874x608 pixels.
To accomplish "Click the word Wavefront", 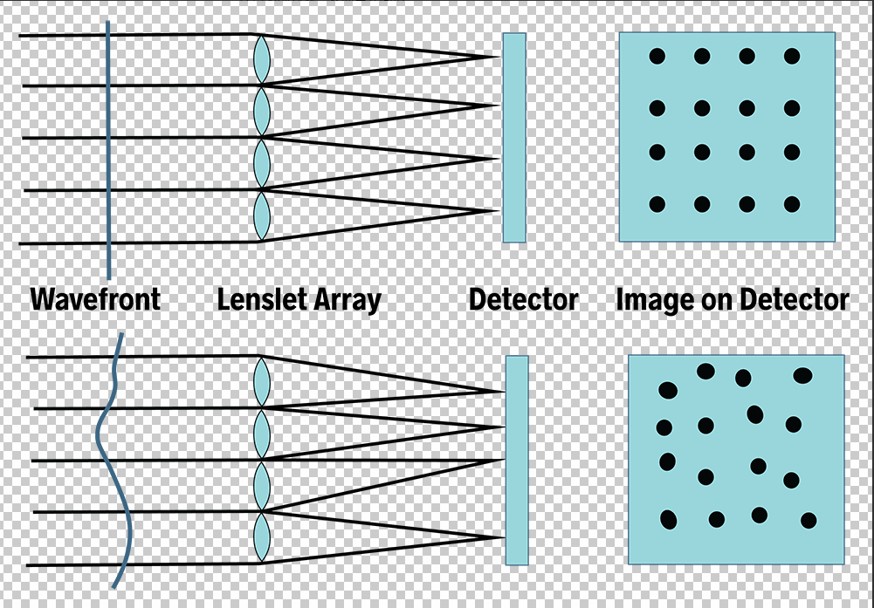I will coord(95,300).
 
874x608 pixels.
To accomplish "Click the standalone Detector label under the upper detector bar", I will coord(523,300).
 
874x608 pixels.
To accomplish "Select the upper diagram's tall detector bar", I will coord(514,138).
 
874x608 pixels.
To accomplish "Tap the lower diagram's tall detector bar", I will coord(517,460).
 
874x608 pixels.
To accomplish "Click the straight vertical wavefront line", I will coord(107,148).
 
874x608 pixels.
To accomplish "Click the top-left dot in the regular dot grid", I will coord(657,56).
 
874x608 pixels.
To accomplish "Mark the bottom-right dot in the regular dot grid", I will coord(792,204).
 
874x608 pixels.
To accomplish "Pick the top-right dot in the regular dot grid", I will coord(792,56).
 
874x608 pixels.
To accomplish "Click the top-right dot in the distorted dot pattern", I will coord(802,376).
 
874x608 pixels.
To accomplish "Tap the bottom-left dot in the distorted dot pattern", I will coord(669,520).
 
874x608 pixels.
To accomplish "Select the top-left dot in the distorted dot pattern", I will coord(668,389).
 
